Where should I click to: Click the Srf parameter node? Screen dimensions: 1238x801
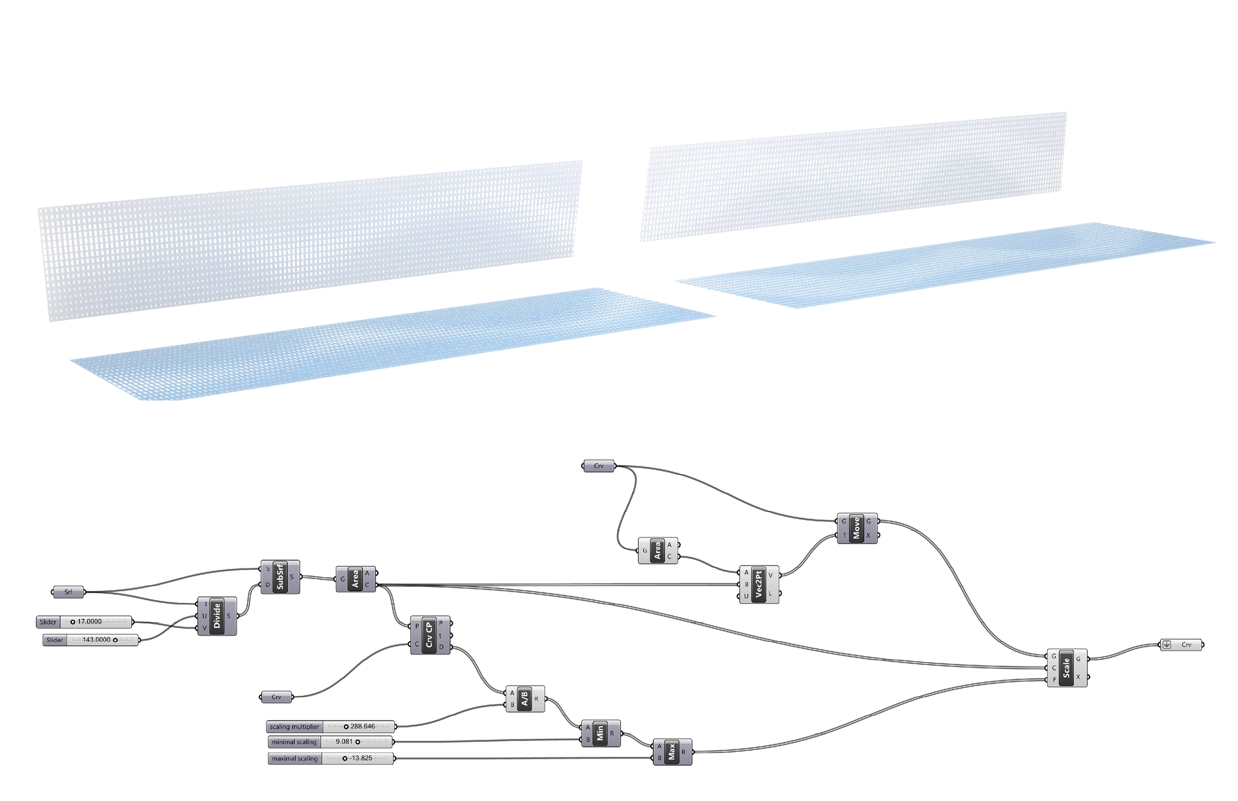pyautogui.click(x=68, y=592)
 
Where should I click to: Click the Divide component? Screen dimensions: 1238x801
pyautogui.click(x=217, y=616)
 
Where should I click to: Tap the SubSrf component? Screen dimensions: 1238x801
pyautogui.click(x=280, y=576)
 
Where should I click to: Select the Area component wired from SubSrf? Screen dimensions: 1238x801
pyautogui.click(x=355, y=579)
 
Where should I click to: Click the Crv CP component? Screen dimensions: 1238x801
pyautogui.click(x=430, y=635)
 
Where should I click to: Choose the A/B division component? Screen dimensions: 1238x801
pyautogui.click(x=525, y=699)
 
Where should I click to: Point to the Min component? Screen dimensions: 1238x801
pyautogui.click(x=600, y=733)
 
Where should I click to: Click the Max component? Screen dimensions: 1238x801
pyautogui.click(x=671, y=751)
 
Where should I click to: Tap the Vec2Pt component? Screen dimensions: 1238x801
pyautogui.click(x=759, y=584)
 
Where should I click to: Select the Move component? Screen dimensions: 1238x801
pyautogui.click(x=857, y=528)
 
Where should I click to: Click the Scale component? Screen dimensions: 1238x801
pyautogui.click(x=1066, y=668)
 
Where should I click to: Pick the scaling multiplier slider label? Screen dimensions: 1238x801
pyautogui.click(x=295, y=727)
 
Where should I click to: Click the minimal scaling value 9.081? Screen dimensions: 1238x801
pyautogui.click(x=344, y=742)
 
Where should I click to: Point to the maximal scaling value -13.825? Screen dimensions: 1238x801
pyautogui.click(x=361, y=758)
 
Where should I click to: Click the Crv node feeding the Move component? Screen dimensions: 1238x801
pyautogui.click(x=599, y=466)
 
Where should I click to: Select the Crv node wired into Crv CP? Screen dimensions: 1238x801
pyautogui.click(x=276, y=697)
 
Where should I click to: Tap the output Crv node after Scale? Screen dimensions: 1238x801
pyautogui.click(x=1182, y=645)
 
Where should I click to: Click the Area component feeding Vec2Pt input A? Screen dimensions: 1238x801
pyautogui.click(x=658, y=551)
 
